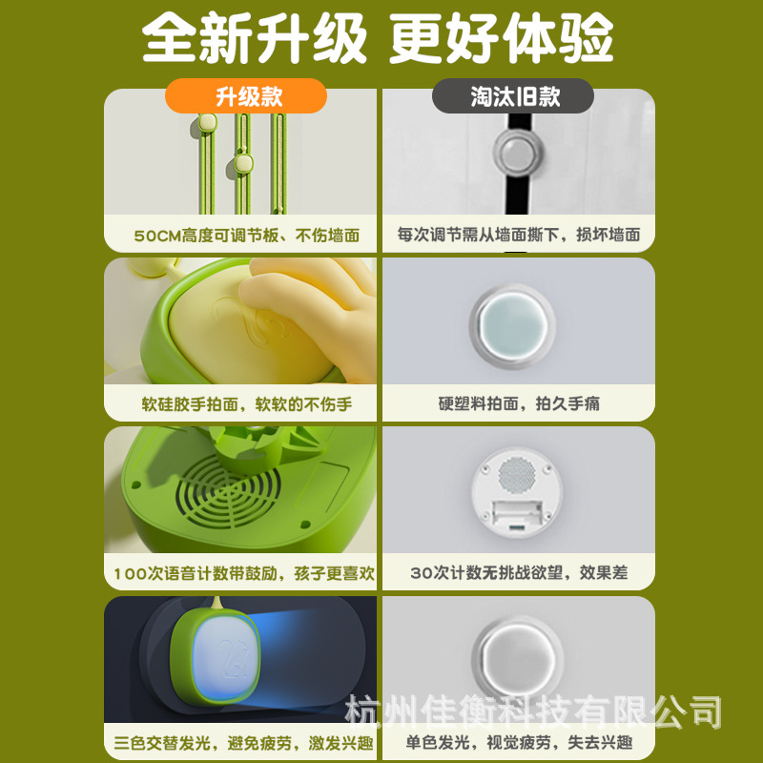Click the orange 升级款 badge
coord(245,96)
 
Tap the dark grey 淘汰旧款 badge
coord(513,96)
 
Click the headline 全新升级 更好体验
coord(379,39)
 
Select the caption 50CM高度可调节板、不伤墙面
coord(245,235)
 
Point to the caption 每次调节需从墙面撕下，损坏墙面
coord(519,235)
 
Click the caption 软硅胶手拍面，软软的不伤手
coord(245,403)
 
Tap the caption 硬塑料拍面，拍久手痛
coord(519,403)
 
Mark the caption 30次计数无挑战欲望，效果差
coord(519,573)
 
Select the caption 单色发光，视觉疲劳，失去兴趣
coord(519,743)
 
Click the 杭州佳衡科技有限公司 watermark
coord(533,711)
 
